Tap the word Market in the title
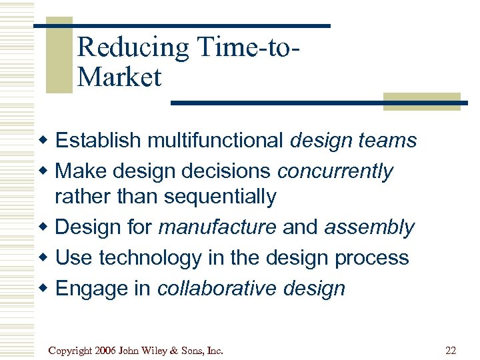pos(119,77)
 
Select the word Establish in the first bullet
pos(98,141)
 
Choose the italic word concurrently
pos(335,171)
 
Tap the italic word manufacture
pos(217,227)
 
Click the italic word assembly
pos(369,227)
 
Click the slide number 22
pos(450,349)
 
